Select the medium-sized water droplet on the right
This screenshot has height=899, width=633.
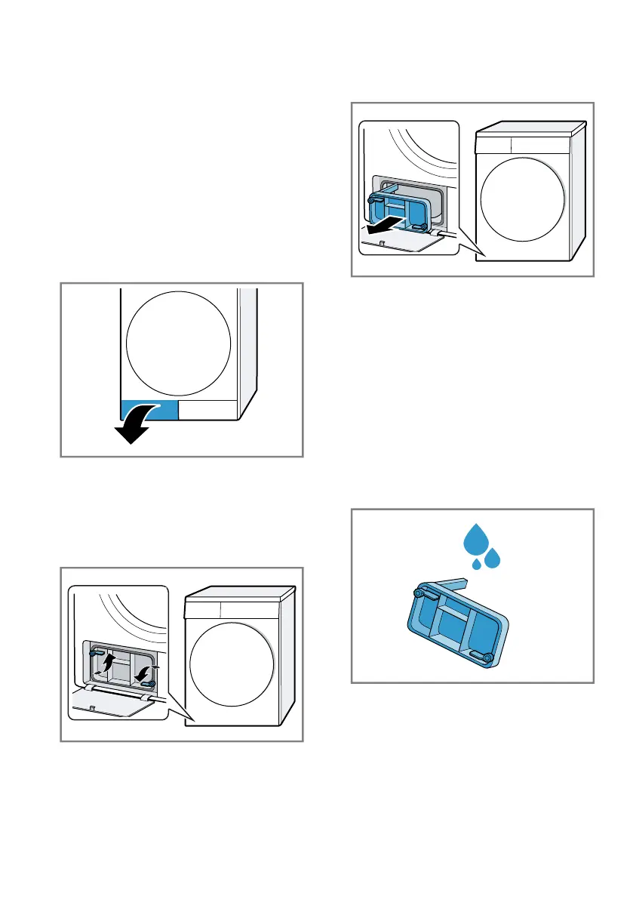point(493,559)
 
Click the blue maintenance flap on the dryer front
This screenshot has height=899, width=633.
point(149,410)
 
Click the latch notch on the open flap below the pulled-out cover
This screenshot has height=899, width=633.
point(382,243)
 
